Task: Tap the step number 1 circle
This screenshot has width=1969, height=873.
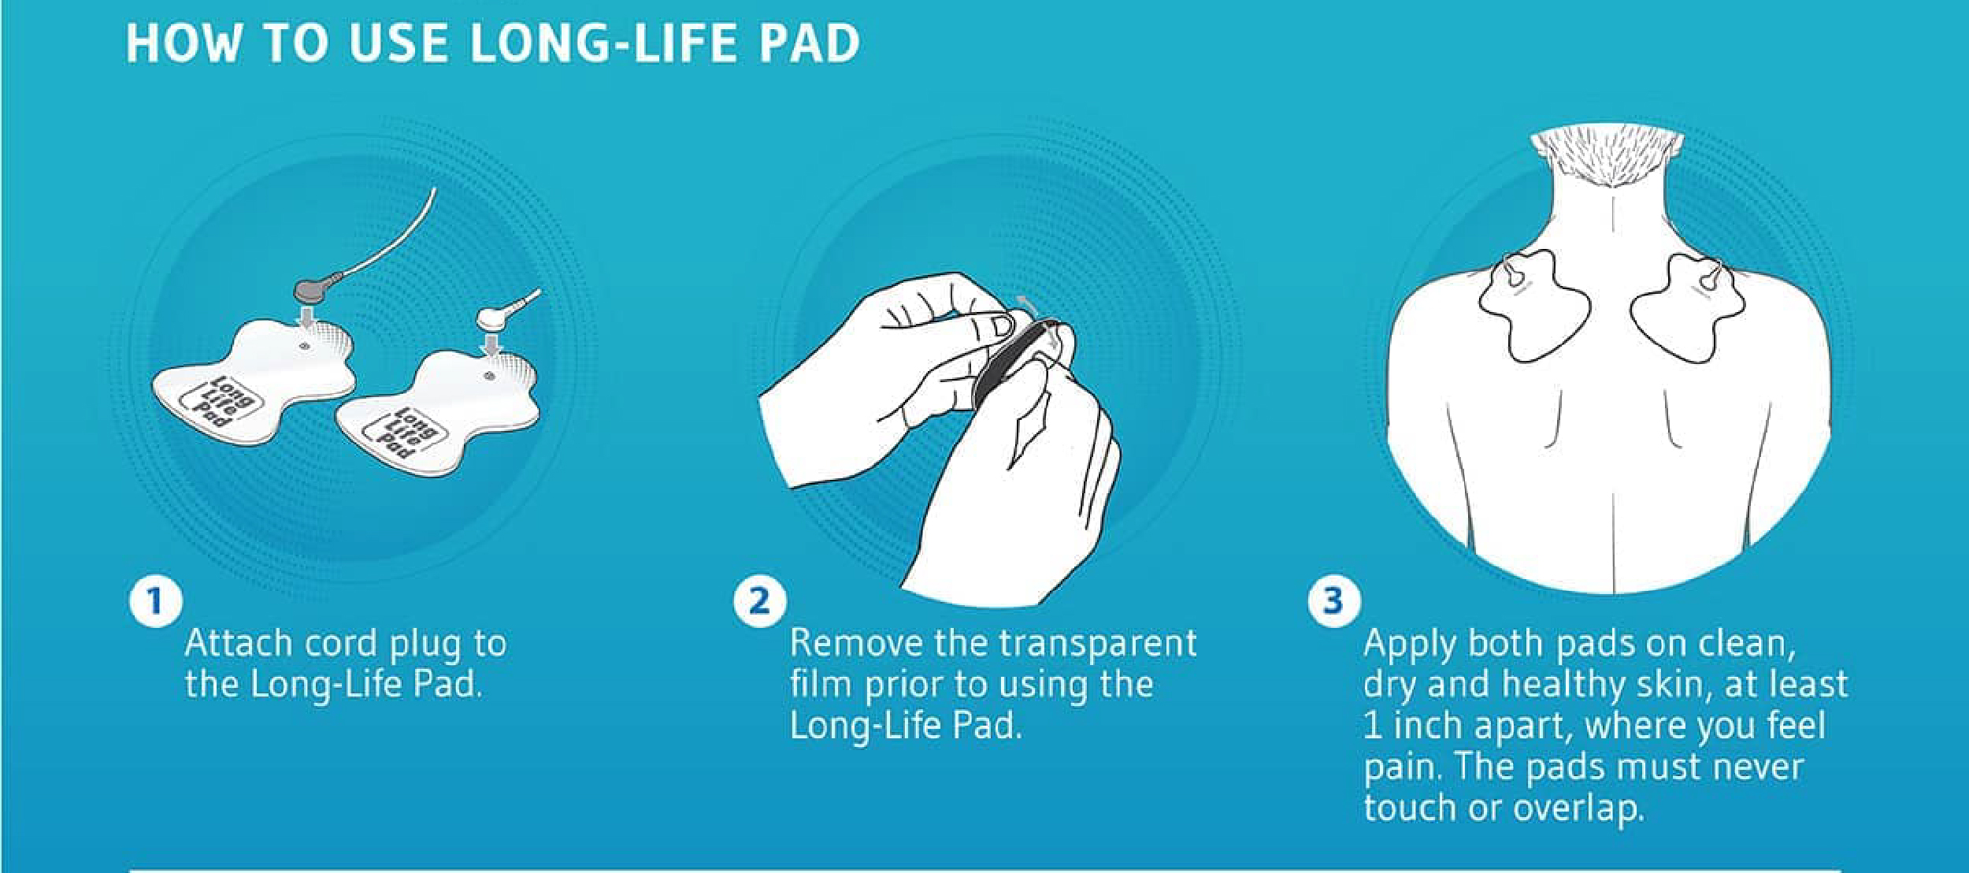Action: (155, 602)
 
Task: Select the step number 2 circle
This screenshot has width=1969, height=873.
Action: (759, 602)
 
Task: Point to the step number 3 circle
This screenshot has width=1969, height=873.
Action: (1333, 602)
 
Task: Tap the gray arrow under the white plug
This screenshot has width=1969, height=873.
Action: (492, 344)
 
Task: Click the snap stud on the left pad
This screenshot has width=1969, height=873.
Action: (306, 346)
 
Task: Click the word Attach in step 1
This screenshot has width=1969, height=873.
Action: (239, 644)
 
